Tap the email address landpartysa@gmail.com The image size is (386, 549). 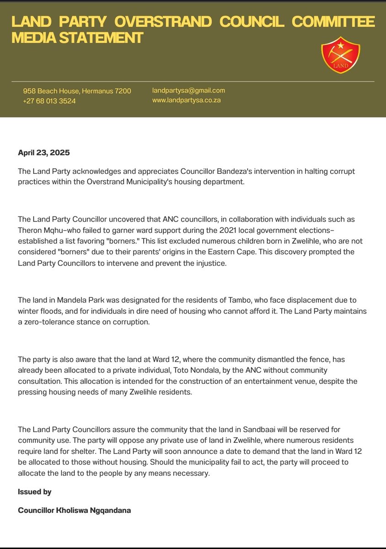(188, 91)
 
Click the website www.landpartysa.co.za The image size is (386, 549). (186, 100)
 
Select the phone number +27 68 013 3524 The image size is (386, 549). (49, 101)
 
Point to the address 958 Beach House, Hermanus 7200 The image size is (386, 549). (77, 91)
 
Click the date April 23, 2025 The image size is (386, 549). (44, 153)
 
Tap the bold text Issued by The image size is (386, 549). (35, 492)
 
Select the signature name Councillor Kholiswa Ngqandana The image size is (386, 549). (75, 510)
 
